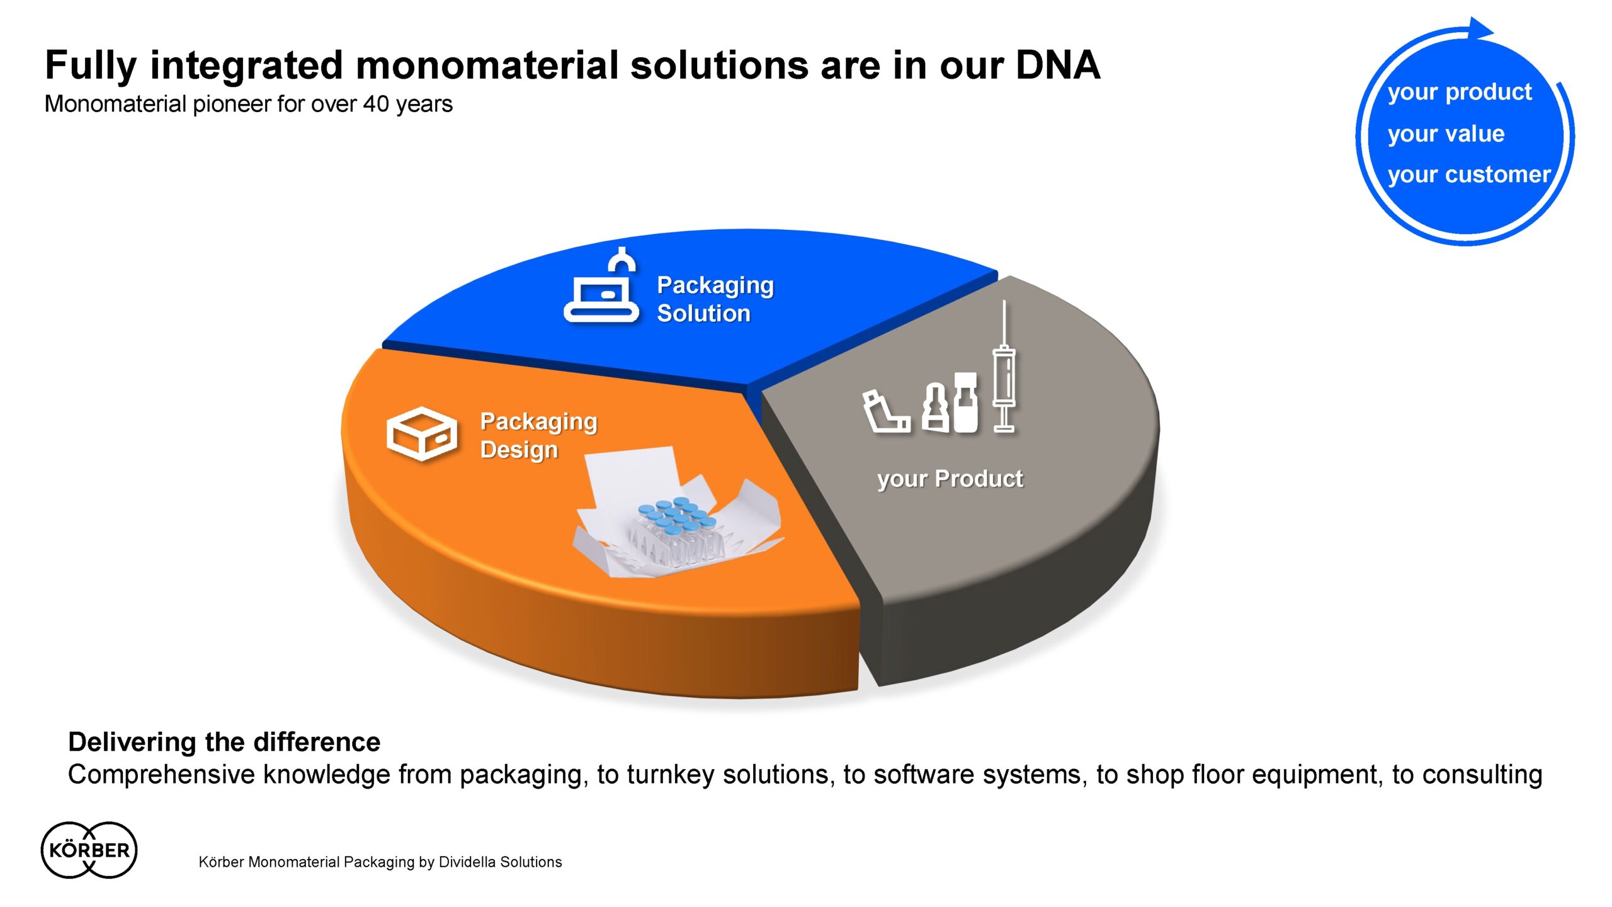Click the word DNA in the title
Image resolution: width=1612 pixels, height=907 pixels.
[x=1058, y=65]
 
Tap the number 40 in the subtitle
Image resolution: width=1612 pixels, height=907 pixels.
[x=376, y=104]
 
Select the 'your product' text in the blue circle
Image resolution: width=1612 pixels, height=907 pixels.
[x=1460, y=93]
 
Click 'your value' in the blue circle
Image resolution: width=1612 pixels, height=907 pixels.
[x=1446, y=134]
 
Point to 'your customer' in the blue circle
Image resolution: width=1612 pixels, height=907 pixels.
[x=1469, y=174]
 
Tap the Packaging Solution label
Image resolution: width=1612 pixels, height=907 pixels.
[x=715, y=299]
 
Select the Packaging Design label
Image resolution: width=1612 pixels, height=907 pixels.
[x=538, y=436]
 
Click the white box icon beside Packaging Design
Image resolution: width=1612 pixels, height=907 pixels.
[x=421, y=433]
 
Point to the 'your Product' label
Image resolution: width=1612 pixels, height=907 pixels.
[x=950, y=479]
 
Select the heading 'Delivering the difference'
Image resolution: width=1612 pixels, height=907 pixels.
[x=224, y=742]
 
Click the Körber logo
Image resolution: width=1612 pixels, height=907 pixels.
[x=89, y=850]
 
